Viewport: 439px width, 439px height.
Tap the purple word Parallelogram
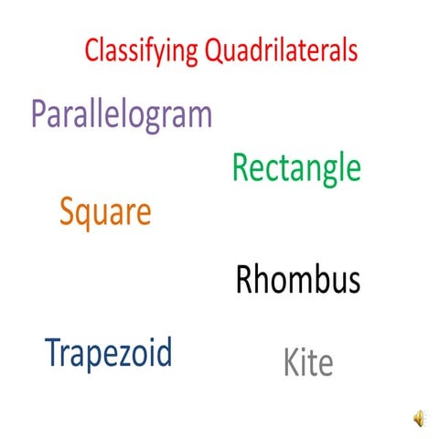pyautogui.click(x=122, y=115)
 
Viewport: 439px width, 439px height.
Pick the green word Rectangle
pyautogui.click(x=296, y=168)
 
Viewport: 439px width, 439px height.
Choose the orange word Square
pyautogui.click(x=105, y=214)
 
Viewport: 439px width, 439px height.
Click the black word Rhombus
pyautogui.click(x=298, y=280)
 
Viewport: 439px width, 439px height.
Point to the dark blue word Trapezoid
pyautogui.click(x=109, y=352)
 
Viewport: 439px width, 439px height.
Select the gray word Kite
pyautogui.click(x=308, y=363)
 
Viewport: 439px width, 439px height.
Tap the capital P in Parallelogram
pyautogui.click(x=40, y=114)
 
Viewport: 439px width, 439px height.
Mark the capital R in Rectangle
pyautogui.click(x=241, y=168)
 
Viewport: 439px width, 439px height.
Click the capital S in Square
pyautogui.click(x=68, y=213)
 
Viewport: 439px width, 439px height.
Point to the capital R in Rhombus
pyautogui.click(x=244, y=280)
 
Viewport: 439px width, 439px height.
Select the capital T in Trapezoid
pyautogui.click(x=53, y=352)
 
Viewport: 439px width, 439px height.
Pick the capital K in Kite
pyautogui.click(x=292, y=363)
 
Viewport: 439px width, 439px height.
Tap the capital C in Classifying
pyautogui.click(x=91, y=50)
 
